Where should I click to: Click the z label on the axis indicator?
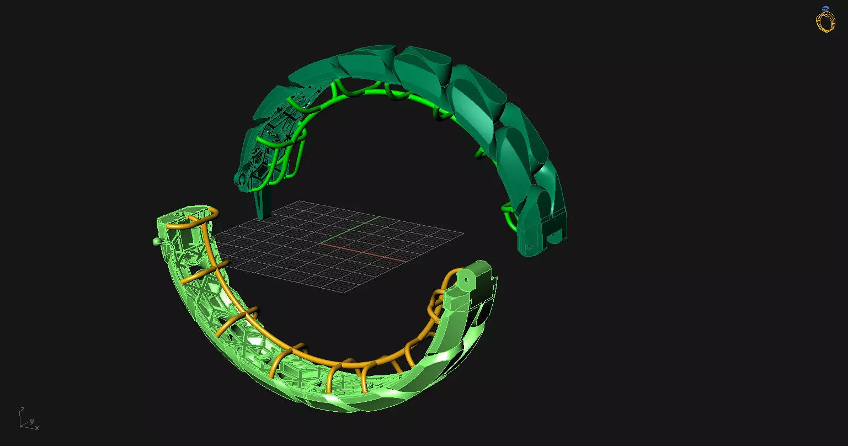click(x=22, y=410)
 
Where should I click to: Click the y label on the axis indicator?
click(x=31, y=421)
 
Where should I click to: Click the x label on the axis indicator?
click(x=37, y=428)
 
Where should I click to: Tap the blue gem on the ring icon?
click(x=825, y=9)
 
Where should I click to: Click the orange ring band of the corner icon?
click(x=825, y=22)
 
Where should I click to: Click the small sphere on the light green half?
click(x=156, y=241)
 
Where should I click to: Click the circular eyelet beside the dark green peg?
click(x=239, y=179)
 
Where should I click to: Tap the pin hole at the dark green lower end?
click(x=529, y=247)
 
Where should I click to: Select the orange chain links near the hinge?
click(x=436, y=304)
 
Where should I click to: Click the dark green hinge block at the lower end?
click(x=543, y=232)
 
